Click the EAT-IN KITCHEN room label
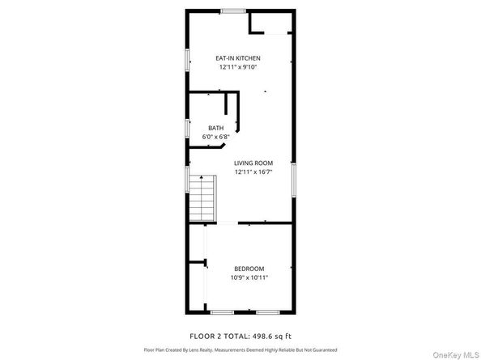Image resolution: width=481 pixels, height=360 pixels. (237, 58)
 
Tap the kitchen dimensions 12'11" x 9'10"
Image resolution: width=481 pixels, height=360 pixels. (237, 68)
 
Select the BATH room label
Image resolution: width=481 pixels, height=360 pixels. (215, 128)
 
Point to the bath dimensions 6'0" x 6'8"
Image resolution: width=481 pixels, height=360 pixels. (215, 138)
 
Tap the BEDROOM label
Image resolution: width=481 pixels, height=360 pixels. (249, 269)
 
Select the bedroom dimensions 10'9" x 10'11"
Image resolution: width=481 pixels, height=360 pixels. (249, 278)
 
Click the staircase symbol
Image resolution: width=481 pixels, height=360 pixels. (203, 199)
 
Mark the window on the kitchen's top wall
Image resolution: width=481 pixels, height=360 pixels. (233, 11)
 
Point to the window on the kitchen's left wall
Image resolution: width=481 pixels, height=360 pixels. (187, 61)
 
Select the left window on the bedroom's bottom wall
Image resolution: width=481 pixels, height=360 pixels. (221, 312)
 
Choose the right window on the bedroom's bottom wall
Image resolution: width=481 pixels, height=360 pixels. (267, 312)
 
